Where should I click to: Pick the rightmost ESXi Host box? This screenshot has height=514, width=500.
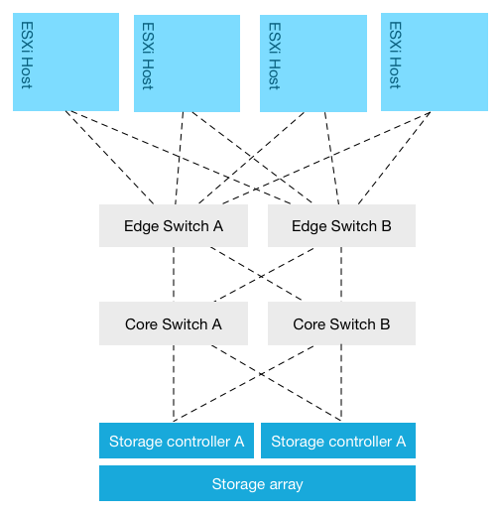(434, 62)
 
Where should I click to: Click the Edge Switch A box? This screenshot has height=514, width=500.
(173, 225)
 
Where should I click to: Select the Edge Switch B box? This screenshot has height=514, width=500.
(341, 225)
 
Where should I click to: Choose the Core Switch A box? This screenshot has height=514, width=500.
(173, 323)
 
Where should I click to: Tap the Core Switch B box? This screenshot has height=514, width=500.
(341, 323)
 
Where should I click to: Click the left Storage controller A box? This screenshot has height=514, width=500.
(177, 441)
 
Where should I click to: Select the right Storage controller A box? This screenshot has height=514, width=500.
(337, 441)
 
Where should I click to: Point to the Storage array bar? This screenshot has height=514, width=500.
(257, 483)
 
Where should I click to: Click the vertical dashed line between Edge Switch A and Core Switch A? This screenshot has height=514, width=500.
(174, 274)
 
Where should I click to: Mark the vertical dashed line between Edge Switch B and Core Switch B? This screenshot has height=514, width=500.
(340, 274)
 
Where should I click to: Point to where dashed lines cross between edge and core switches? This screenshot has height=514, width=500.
(257, 274)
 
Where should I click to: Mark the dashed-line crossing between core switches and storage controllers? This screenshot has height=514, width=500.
(257, 373)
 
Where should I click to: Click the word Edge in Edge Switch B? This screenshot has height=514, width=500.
(309, 225)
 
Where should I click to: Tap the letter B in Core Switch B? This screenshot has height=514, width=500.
(384, 323)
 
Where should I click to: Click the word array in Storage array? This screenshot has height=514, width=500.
(284, 484)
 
